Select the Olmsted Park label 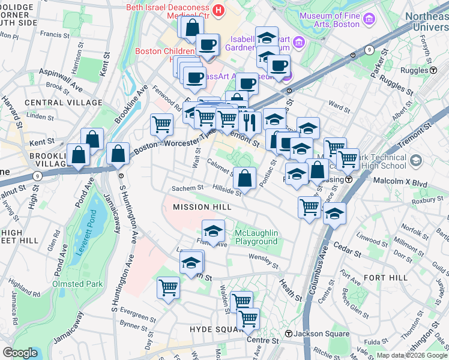tap(77, 283)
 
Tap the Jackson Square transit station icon tap(289, 334)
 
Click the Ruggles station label tap(414, 70)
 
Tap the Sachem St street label tap(184, 188)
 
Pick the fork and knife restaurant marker tap(248, 122)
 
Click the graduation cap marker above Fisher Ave tap(213, 232)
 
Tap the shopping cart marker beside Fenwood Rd tap(161, 125)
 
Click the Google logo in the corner tap(20, 353)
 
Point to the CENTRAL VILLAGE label tap(55, 103)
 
